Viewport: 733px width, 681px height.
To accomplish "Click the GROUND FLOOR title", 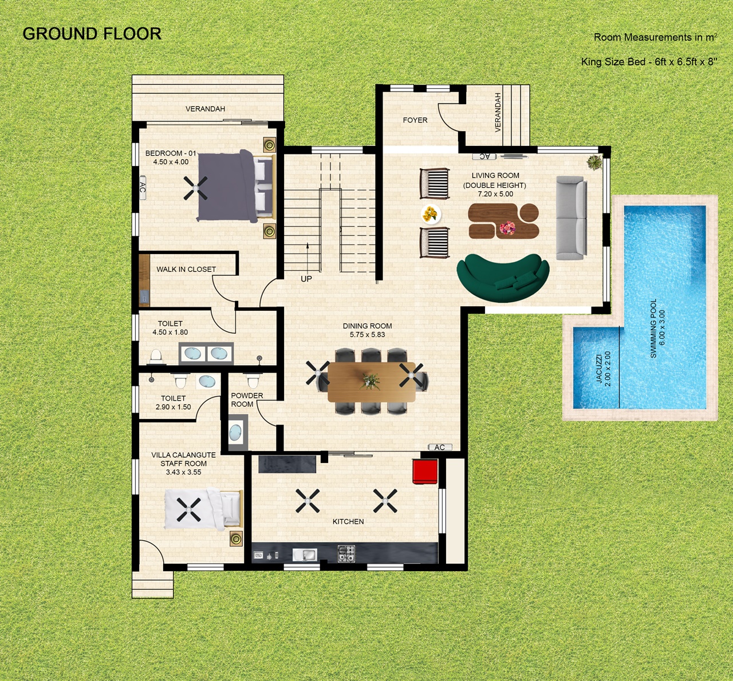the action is pyautogui.click(x=92, y=34).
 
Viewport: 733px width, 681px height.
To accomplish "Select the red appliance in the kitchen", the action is pyautogui.click(x=425, y=471).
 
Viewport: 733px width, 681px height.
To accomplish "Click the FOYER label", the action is pyautogui.click(x=415, y=120).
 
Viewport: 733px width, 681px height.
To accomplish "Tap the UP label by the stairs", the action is pyautogui.click(x=306, y=279).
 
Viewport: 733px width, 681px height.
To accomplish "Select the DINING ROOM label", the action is pyautogui.click(x=367, y=326).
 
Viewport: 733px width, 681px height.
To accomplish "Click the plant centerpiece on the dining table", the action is pyautogui.click(x=370, y=381).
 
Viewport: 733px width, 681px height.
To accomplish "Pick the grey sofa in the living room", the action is pyautogui.click(x=572, y=217).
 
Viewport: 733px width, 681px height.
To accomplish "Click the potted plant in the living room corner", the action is pyautogui.click(x=594, y=163).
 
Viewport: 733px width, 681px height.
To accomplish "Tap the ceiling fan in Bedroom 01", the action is pyautogui.click(x=196, y=188).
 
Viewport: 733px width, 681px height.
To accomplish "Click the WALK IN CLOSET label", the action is pyautogui.click(x=186, y=270).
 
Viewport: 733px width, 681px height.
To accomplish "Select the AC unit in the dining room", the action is pyautogui.click(x=440, y=448).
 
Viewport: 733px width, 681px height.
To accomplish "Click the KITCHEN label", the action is pyautogui.click(x=348, y=522).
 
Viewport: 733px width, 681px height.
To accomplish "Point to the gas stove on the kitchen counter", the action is pyautogui.click(x=346, y=554).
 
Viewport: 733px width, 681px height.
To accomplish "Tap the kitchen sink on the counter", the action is pyautogui.click(x=305, y=555).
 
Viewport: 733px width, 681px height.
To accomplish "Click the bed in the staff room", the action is pyautogui.click(x=203, y=509).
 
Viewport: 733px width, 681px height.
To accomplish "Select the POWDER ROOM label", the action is pyautogui.click(x=247, y=400).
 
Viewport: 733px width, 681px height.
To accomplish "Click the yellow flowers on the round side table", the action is pyautogui.click(x=431, y=214).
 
